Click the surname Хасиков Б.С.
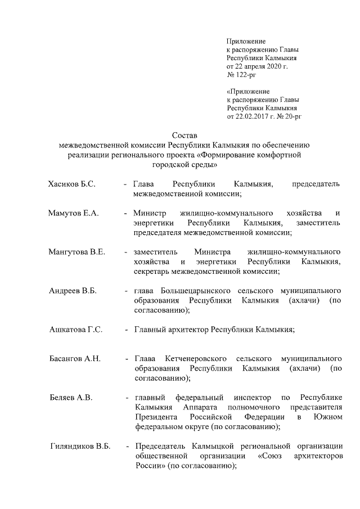tap(72, 184)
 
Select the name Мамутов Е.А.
tap(73, 214)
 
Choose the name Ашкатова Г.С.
tap(76, 330)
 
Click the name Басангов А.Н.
tap(75, 359)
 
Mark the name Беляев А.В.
tap(71, 398)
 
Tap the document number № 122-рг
tap(239, 74)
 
